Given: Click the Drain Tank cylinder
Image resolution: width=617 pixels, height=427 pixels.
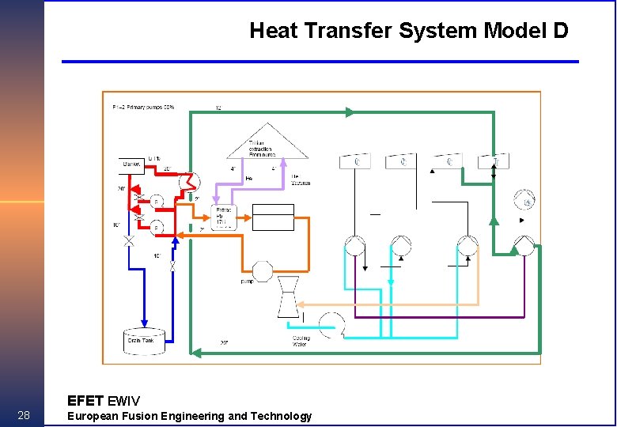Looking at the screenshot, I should pyautogui.click(x=144, y=340).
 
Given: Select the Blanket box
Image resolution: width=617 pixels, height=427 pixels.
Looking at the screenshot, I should pyautogui.click(x=132, y=164).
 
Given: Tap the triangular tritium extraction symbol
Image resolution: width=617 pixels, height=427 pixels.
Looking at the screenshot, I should pyautogui.click(x=267, y=142).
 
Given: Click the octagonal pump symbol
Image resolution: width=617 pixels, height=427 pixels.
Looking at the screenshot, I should pyautogui.click(x=263, y=270).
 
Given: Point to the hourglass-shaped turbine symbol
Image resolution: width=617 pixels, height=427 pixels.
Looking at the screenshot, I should pyautogui.click(x=286, y=297).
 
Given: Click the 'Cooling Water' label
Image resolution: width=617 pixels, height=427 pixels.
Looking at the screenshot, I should pyautogui.click(x=301, y=342).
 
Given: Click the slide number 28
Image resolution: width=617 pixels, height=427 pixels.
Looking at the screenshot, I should pyautogui.click(x=23, y=416).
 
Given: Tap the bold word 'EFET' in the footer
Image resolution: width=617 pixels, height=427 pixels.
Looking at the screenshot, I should pyautogui.click(x=85, y=400).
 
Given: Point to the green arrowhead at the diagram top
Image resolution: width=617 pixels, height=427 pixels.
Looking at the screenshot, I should pyautogui.click(x=348, y=112).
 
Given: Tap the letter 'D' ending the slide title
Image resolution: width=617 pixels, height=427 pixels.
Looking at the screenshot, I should pyautogui.click(x=560, y=31).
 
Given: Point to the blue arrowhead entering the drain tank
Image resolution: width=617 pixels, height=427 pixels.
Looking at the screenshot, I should pyautogui.click(x=144, y=324).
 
